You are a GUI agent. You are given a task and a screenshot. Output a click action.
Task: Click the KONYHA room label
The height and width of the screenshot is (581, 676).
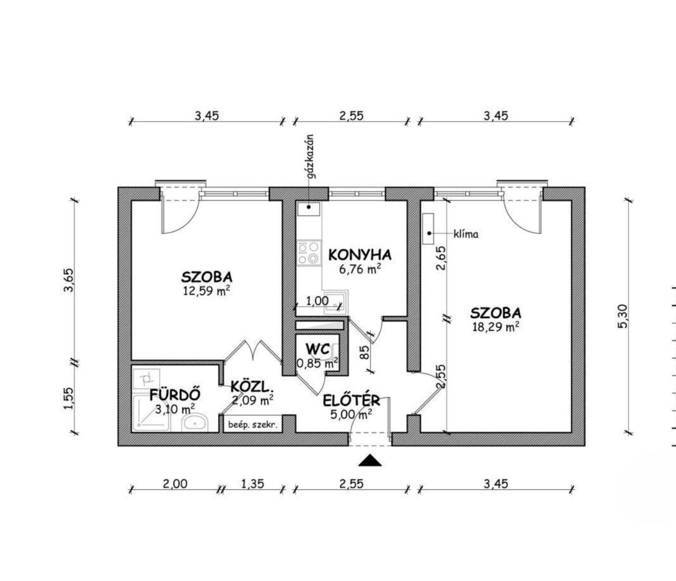(x=360, y=255)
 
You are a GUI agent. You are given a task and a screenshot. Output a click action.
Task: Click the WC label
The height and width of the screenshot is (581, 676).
(x=318, y=350)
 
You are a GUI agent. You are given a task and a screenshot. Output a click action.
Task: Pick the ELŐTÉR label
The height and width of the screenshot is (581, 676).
(x=352, y=400)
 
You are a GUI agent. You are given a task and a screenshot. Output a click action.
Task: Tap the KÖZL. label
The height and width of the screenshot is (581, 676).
(x=252, y=387)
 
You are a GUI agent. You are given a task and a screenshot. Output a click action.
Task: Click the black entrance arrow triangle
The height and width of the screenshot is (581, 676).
(x=370, y=461)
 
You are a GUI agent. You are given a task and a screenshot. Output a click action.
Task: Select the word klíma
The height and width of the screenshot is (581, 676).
(x=466, y=234)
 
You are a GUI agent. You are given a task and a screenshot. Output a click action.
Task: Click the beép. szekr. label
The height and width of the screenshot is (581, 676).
(x=252, y=425)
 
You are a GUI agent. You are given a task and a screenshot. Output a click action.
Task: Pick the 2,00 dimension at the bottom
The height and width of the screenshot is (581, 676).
(x=175, y=483)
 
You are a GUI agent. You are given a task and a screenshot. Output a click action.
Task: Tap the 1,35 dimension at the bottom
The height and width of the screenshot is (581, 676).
(x=252, y=483)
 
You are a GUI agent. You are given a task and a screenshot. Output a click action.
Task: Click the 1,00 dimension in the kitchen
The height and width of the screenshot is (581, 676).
(x=317, y=301)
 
